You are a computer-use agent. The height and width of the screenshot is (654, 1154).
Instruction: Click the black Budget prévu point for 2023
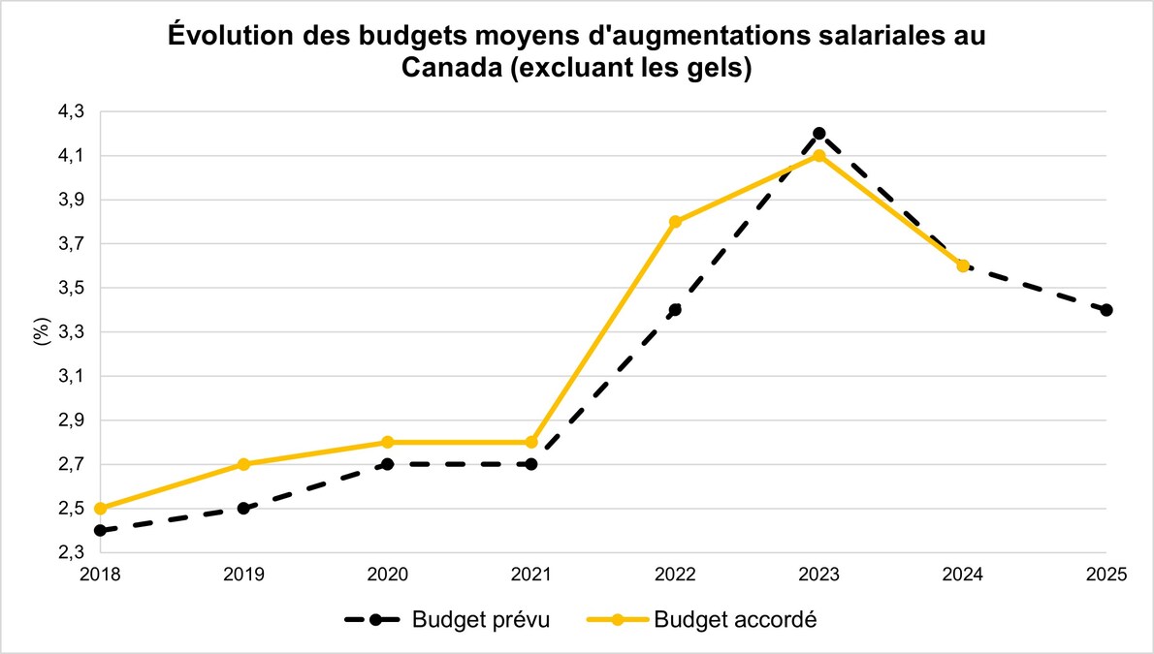pos(819,134)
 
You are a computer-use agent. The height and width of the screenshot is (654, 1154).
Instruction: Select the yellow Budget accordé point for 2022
pos(676,222)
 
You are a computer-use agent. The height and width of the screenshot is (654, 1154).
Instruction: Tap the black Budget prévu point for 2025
pos(1106,310)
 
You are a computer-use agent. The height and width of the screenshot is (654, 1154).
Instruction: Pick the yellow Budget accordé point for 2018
pos(100,509)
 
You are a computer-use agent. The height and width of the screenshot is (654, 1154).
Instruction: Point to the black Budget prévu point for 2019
pos(243,509)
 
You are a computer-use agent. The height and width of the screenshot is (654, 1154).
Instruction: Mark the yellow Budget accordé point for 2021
pos(531,443)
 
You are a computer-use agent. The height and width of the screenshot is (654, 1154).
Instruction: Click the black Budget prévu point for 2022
pos(676,310)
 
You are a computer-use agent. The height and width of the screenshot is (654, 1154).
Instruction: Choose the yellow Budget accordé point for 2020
pos(388,443)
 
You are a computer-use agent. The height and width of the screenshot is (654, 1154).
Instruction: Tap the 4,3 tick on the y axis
pos(72,112)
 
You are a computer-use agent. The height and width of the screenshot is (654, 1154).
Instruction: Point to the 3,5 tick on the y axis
pos(72,289)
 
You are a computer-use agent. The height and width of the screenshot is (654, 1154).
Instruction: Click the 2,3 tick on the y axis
pos(72,553)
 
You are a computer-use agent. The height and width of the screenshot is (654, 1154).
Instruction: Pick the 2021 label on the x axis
pos(531,575)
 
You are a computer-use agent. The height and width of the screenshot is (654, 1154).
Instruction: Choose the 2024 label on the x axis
pos(963,575)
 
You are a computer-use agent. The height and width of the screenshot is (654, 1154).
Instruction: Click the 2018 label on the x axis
pos(100,575)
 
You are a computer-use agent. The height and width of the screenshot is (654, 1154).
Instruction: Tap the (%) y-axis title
pos(41,332)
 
